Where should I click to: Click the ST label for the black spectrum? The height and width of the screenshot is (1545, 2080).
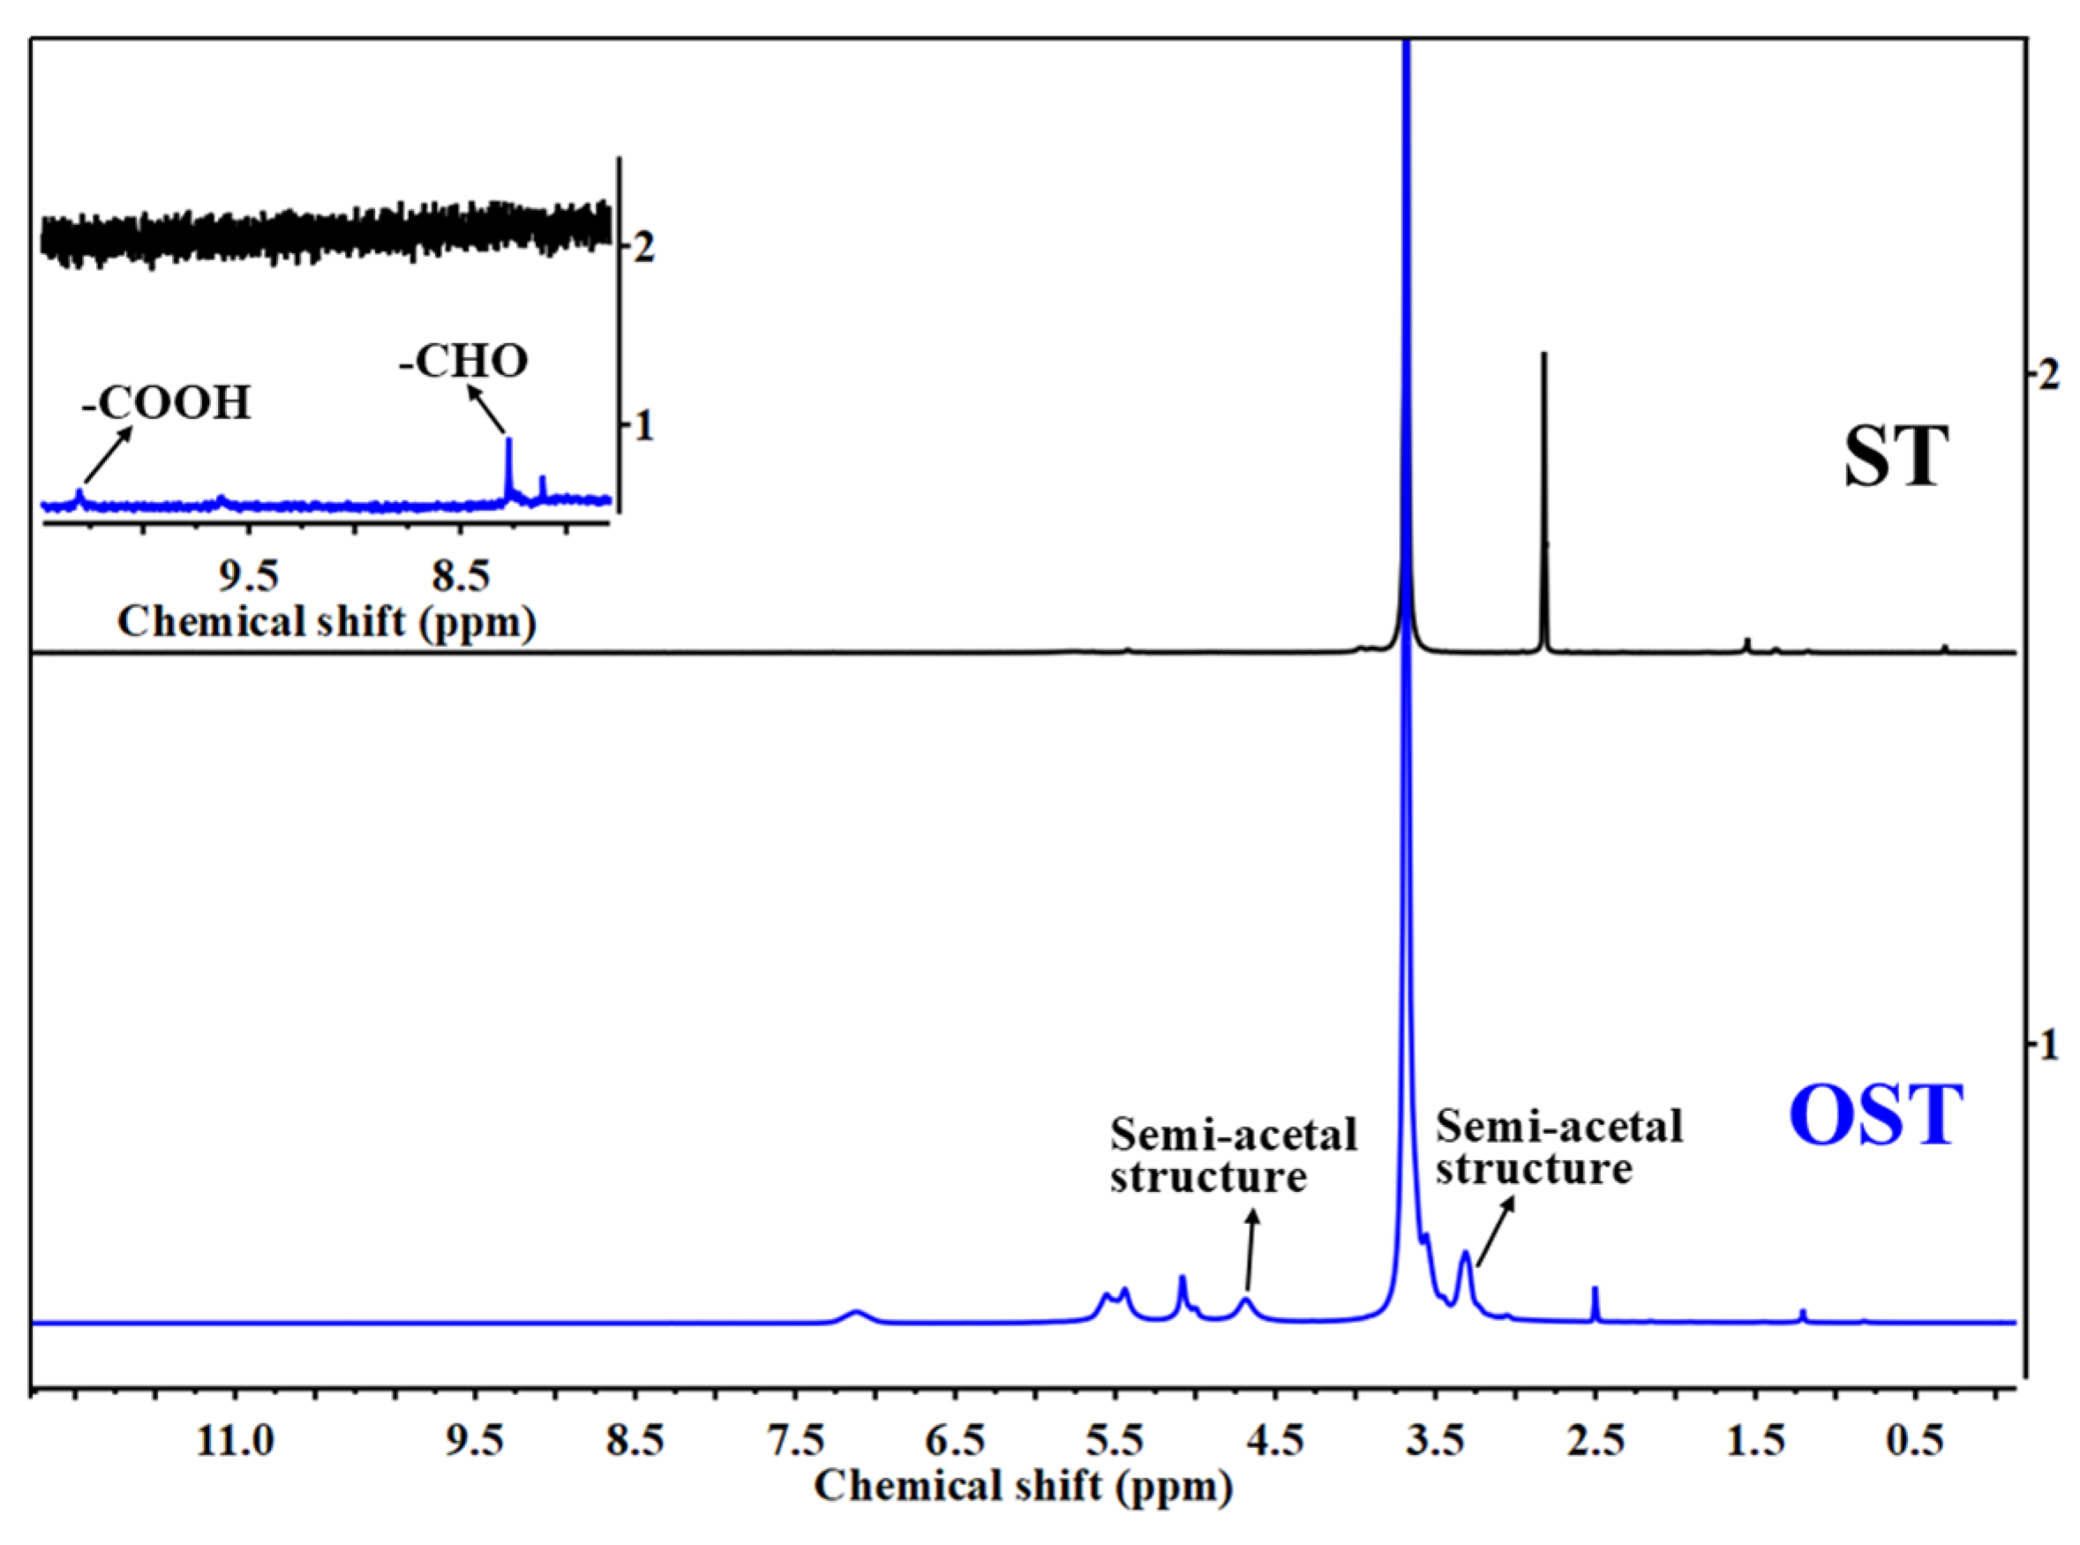1895,457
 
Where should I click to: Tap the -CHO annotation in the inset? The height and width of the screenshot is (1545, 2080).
464,362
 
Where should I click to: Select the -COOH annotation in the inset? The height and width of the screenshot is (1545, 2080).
167,403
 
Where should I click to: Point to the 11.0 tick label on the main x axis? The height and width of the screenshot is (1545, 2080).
235,1441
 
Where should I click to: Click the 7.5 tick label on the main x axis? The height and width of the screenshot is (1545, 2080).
793,1441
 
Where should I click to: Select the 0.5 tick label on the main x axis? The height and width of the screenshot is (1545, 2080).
1914,1441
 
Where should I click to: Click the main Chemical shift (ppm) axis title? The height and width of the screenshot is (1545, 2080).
1023,1486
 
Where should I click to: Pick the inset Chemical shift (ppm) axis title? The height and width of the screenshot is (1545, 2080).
327,622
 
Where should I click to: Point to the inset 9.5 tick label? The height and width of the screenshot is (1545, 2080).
249,577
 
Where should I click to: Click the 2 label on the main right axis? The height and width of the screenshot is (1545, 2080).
2048,375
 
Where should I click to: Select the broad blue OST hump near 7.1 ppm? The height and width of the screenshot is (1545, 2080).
856,1315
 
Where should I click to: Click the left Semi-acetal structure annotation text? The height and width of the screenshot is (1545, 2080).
1233,1155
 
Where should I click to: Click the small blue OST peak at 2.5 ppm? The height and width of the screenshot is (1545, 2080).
1596,1304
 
